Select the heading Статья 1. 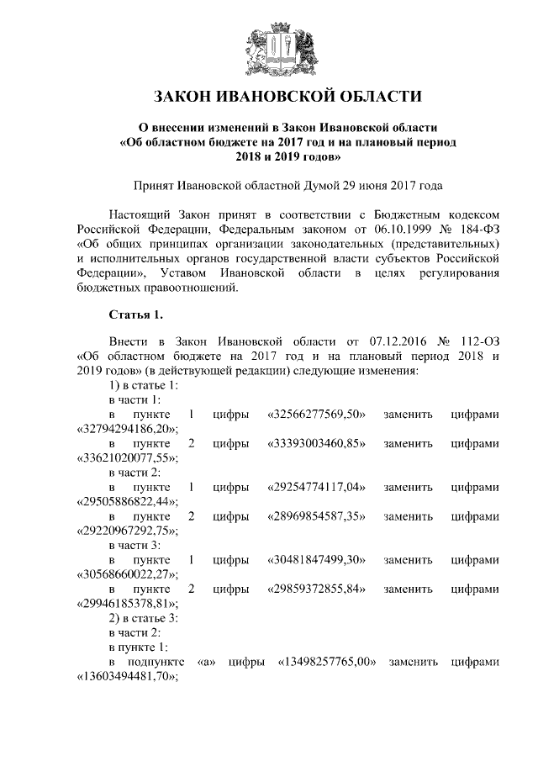[135, 315]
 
